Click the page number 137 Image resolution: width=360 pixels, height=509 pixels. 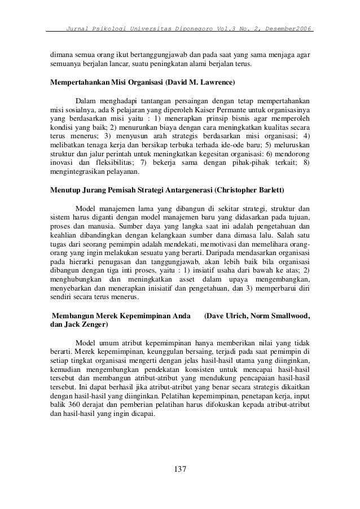180,469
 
